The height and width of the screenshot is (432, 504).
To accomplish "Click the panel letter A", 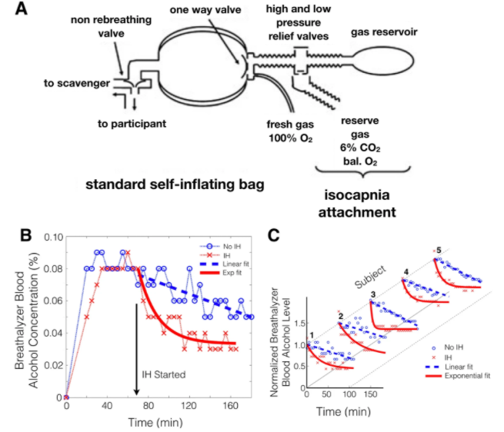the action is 22,8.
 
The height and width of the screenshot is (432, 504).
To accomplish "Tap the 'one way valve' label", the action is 205,10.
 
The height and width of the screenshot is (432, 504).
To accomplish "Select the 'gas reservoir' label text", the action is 384,32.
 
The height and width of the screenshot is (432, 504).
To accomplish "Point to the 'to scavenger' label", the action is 77,83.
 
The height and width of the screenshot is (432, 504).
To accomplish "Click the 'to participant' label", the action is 132,124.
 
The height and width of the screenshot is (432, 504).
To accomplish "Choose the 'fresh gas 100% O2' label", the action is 290,131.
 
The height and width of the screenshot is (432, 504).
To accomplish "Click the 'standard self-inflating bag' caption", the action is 175,184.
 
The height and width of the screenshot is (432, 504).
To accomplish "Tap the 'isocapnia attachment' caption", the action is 357,203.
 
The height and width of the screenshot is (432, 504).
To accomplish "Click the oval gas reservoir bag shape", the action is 382,61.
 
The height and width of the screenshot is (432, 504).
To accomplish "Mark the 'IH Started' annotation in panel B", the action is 164,374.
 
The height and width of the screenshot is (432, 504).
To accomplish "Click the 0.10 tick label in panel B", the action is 53,238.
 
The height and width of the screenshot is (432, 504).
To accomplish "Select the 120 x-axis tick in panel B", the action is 189,406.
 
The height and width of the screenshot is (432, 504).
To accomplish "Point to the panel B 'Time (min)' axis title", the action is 155,422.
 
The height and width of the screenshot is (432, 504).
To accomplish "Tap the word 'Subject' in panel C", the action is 370,277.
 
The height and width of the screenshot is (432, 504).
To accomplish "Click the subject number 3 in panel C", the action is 373,294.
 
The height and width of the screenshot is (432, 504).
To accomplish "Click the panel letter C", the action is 273,235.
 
